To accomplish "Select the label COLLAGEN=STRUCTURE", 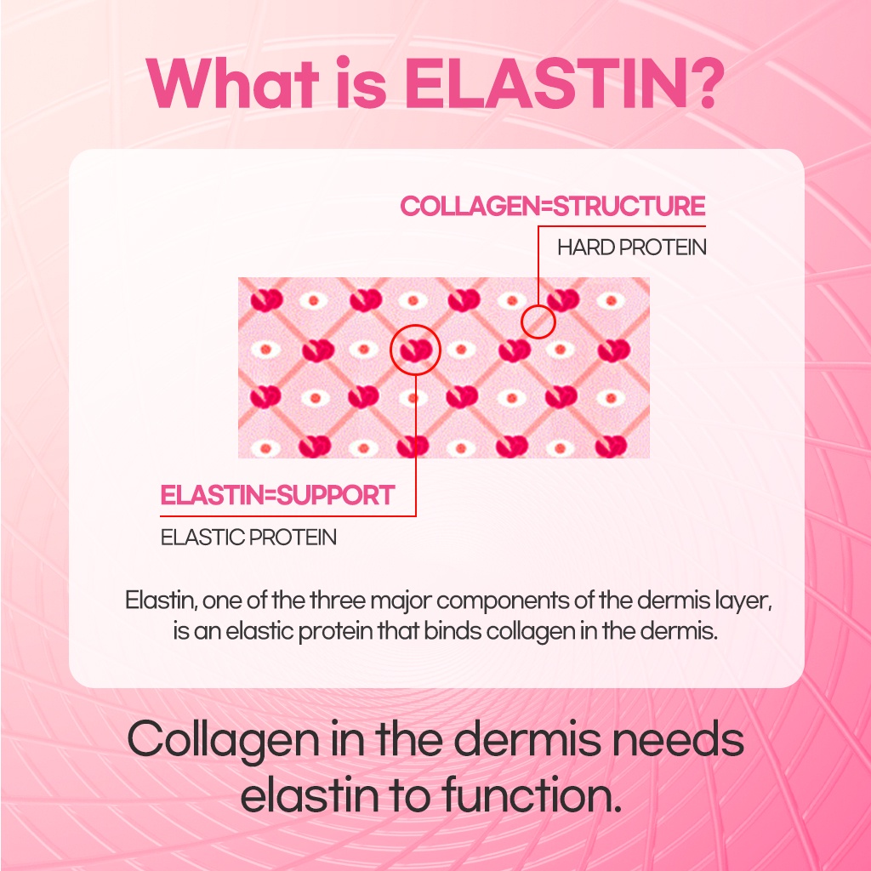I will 553,207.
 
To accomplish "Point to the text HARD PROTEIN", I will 632,248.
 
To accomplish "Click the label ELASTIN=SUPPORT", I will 278,495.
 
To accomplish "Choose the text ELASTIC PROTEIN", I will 249,538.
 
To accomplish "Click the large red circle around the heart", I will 415,349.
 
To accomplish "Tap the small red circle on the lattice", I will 538,322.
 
